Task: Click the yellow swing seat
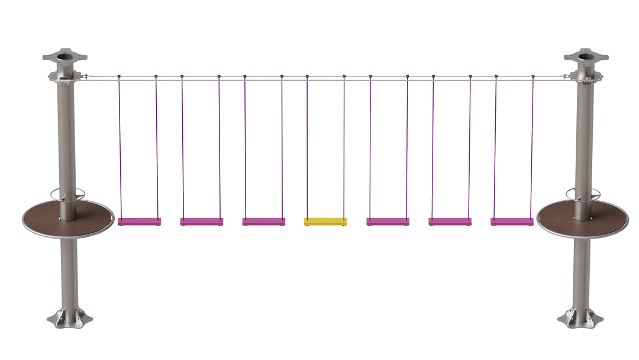coord(325,221)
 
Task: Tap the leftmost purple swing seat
coord(139,221)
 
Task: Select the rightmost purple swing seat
coord(512,221)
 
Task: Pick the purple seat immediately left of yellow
coord(263,221)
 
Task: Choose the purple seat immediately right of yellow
coord(388,221)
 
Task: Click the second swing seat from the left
coord(201,221)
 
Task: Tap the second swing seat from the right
coord(450,221)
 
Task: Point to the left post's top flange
coord(64,57)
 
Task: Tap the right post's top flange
coord(586,57)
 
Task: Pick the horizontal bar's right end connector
coord(567,76)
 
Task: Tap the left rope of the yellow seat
coord(307,148)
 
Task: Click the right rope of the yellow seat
coord(344,148)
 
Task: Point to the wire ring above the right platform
coord(583,193)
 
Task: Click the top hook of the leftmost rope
coord(119,77)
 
